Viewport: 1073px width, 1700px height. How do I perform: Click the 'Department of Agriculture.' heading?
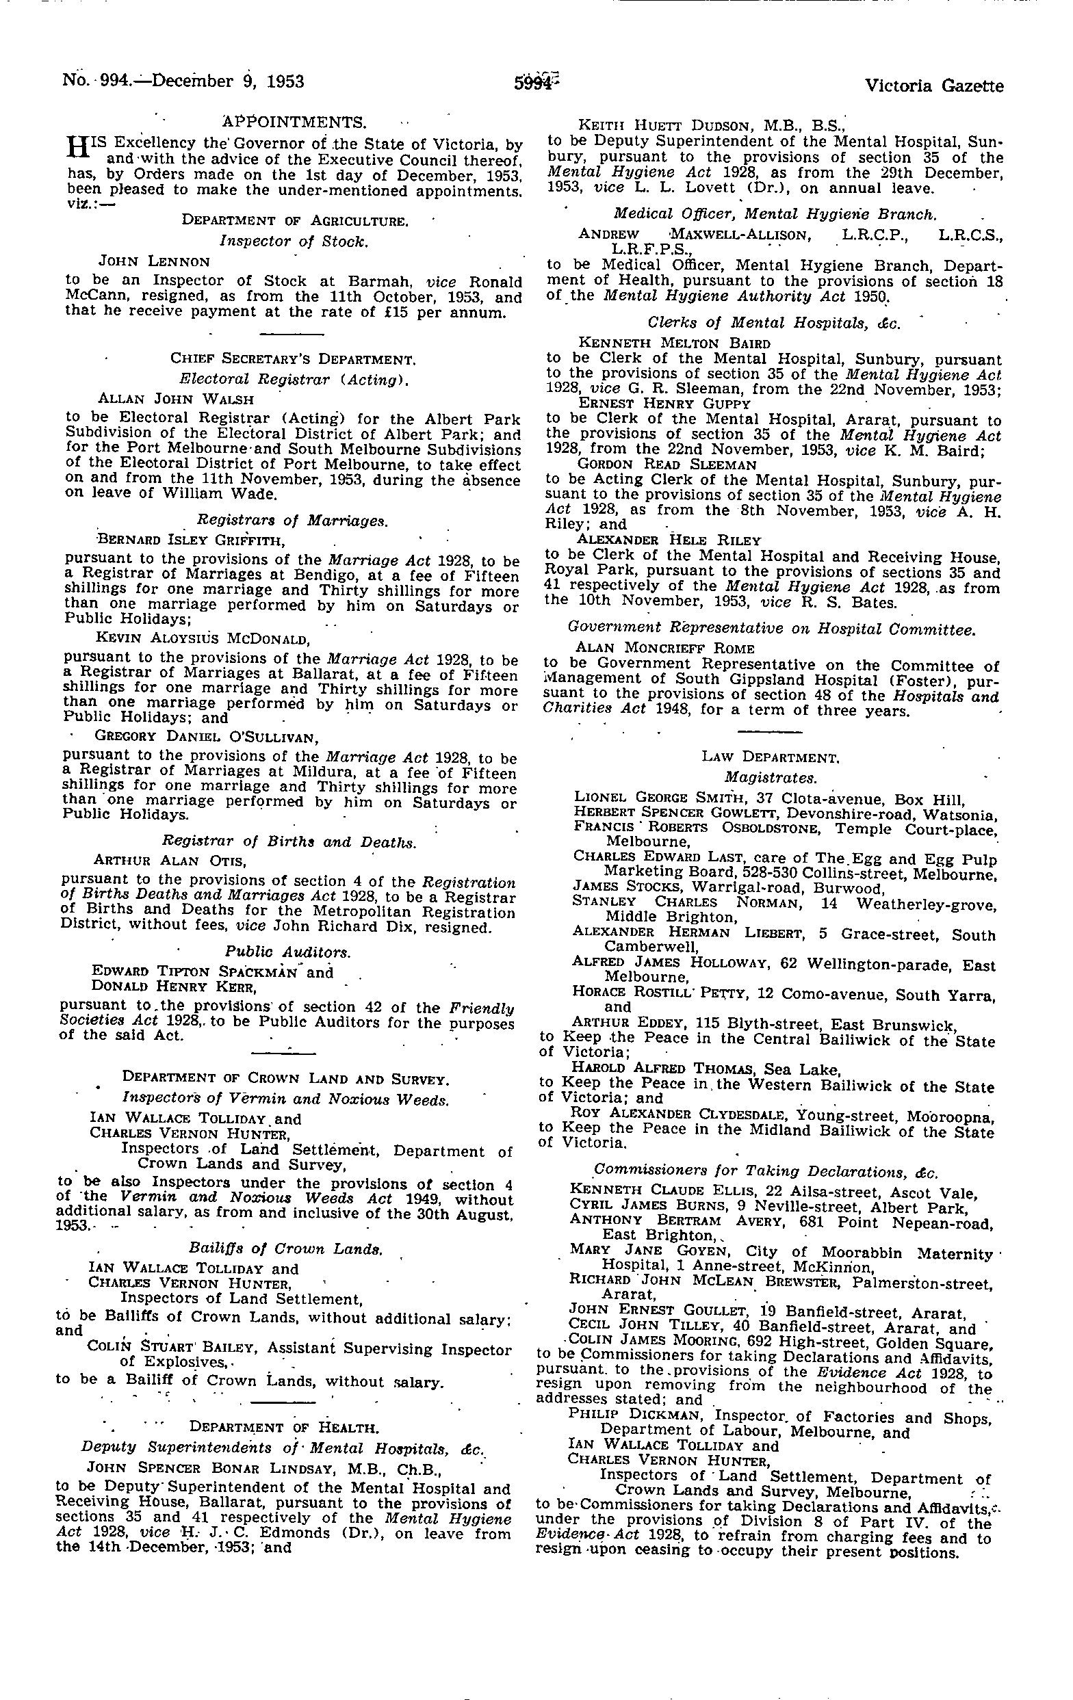[294, 220]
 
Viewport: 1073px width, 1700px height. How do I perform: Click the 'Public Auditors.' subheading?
[287, 952]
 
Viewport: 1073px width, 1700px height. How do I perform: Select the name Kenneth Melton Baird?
[674, 343]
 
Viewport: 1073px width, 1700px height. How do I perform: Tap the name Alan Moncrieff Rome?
[665, 647]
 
